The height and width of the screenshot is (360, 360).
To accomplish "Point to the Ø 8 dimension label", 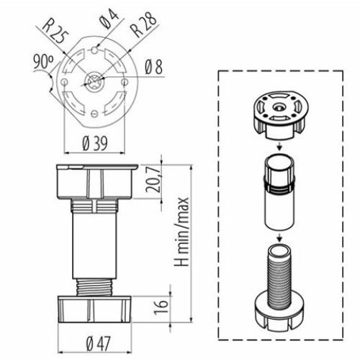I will [154, 69].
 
